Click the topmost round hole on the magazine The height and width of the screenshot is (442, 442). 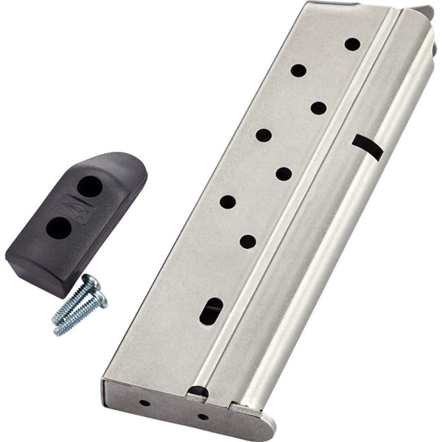tap(352, 44)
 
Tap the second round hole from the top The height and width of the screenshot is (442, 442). tap(298, 71)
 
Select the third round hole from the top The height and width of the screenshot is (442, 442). tap(318, 108)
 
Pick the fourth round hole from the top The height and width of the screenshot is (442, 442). tap(264, 135)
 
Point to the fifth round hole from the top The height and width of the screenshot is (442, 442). tap(284, 174)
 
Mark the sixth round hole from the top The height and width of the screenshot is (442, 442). tap(228, 201)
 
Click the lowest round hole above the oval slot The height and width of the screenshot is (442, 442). tap(248, 241)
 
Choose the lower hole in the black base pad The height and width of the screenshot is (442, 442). tap(59, 228)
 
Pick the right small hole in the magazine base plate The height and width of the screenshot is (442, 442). tap(203, 416)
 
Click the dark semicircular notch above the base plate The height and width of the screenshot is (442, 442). tap(197, 391)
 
